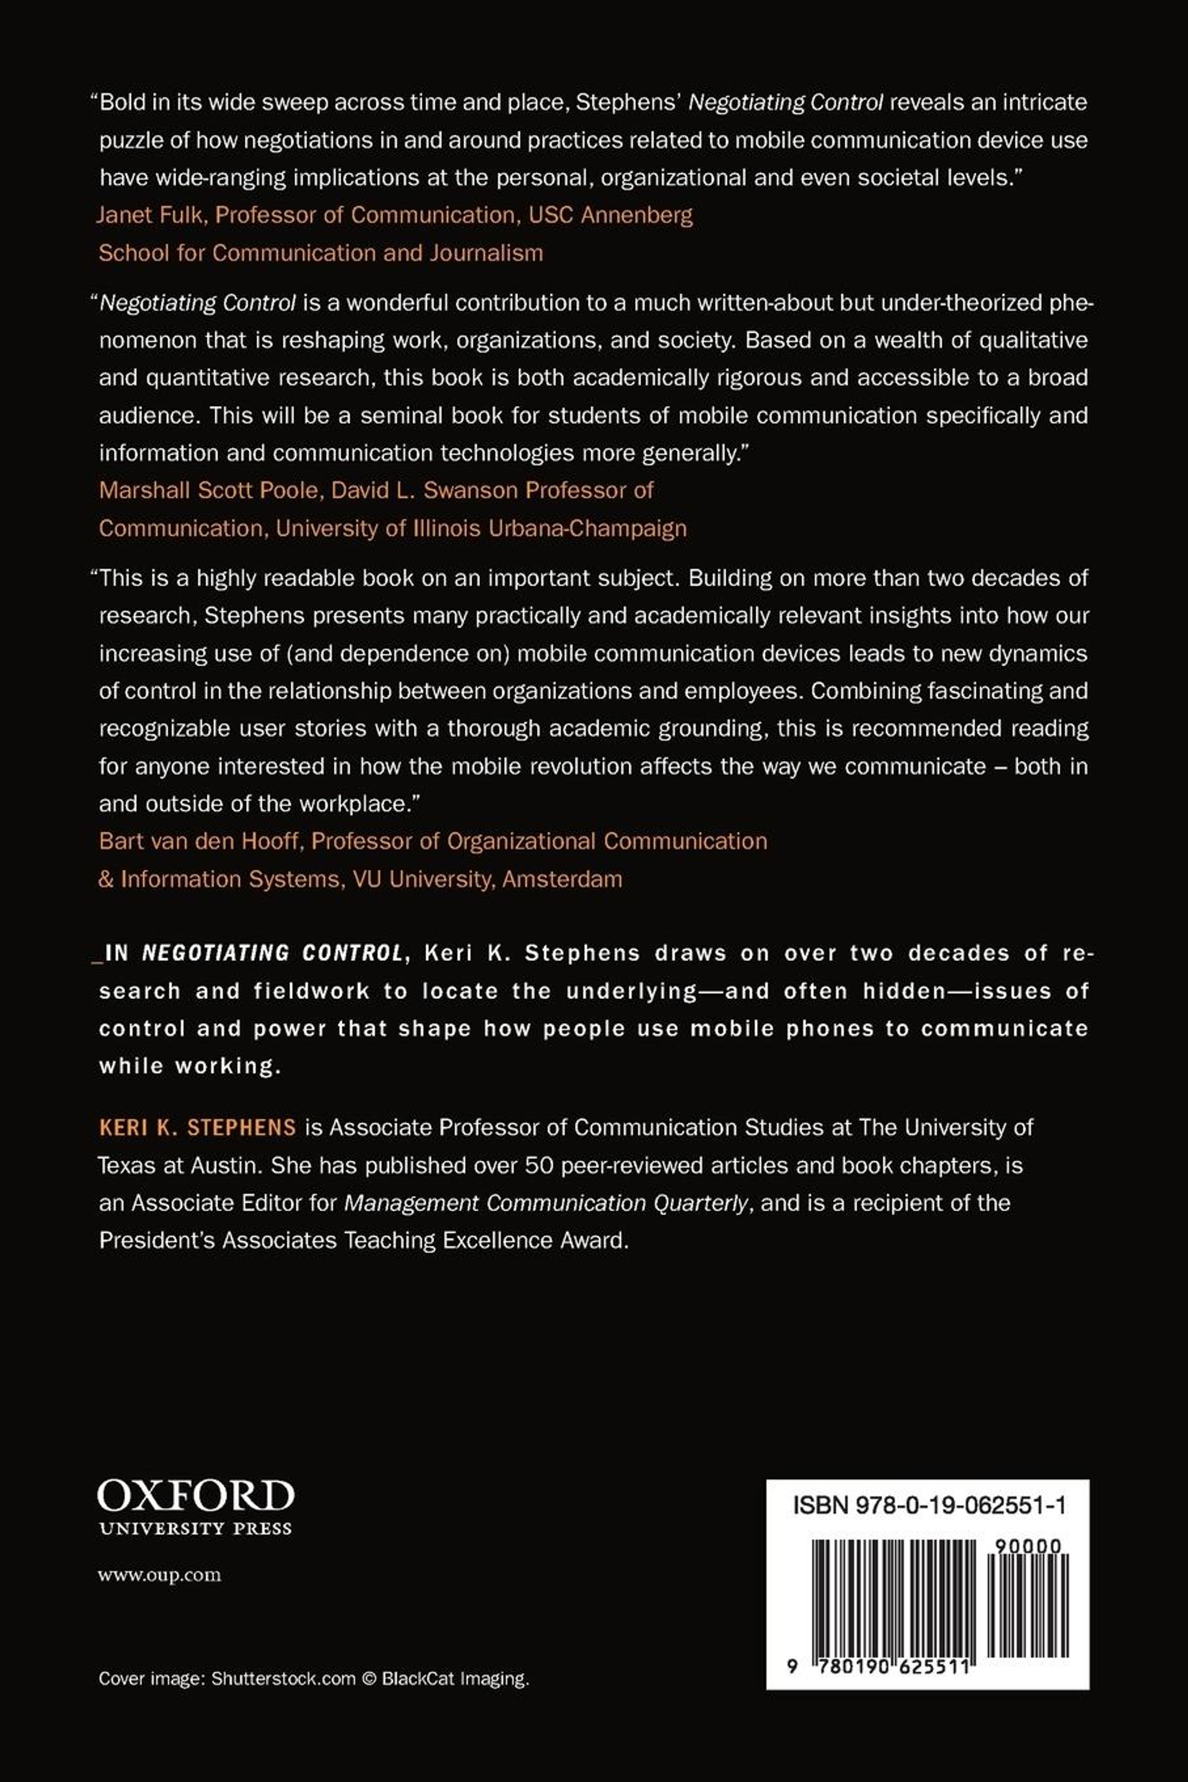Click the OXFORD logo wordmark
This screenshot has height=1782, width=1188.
pyautogui.click(x=196, y=1496)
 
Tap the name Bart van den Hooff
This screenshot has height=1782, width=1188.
pyautogui.click(x=198, y=841)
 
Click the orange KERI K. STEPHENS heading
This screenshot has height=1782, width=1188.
pyautogui.click(x=197, y=1127)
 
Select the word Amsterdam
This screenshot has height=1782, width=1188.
pyautogui.click(x=562, y=879)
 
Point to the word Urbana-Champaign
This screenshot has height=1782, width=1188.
pyautogui.click(x=588, y=528)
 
